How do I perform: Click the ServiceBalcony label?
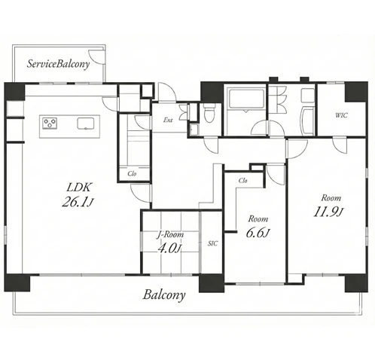58,64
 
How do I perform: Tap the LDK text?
79,187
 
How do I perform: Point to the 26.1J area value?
78,202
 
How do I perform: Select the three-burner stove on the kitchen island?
50,124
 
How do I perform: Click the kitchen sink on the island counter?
86,124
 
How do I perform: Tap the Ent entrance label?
168,120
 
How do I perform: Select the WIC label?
341,115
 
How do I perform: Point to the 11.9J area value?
328,212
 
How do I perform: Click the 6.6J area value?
258,233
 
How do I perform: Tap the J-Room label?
170,235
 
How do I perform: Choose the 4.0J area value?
169,249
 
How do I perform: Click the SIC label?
213,243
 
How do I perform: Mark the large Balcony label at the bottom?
164,295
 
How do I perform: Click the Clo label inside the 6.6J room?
242,181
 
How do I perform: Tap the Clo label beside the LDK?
132,173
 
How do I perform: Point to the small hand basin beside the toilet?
194,130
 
